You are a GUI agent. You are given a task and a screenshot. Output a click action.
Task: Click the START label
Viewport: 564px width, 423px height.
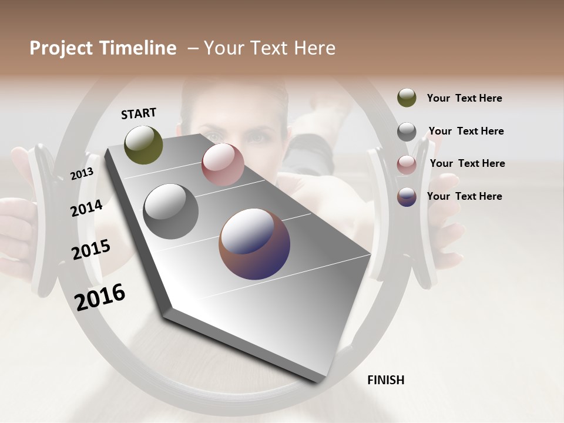(139, 113)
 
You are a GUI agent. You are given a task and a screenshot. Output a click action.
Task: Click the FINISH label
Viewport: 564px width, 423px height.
(385, 380)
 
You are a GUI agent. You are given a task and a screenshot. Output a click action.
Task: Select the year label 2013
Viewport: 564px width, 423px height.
(82, 174)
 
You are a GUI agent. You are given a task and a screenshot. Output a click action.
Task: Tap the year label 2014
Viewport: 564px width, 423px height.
(86, 208)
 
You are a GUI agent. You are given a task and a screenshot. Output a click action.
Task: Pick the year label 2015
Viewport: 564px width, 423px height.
(91, 250)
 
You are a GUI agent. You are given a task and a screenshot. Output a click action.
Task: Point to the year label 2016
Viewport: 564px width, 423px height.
(100, 297)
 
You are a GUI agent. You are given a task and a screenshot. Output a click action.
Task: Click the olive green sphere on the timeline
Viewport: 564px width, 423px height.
(143, 145)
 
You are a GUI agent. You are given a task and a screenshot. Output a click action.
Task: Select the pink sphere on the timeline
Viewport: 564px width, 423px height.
(223, 164)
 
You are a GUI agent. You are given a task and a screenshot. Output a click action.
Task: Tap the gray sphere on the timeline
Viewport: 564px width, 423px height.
(171, 211)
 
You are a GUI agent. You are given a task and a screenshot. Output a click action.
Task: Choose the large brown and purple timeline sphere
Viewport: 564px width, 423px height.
(254, 244)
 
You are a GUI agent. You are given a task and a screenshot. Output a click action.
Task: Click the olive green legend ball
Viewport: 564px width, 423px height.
(407, 98)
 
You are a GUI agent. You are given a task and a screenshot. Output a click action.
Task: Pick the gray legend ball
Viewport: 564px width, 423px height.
(407, 132)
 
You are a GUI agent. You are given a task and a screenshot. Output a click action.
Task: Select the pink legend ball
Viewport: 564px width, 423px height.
(407, 164)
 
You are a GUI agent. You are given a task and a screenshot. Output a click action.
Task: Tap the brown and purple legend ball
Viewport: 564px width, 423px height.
(407, 197)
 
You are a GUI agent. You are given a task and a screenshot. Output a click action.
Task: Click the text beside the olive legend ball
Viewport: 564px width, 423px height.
(464, 98)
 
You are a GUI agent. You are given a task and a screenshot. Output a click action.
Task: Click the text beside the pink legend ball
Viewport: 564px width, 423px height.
(467, 163)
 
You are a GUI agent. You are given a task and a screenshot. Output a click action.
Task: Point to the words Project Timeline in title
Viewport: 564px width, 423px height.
(103, 48)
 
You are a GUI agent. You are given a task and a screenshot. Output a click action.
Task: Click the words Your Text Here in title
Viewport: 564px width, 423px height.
(269, 48)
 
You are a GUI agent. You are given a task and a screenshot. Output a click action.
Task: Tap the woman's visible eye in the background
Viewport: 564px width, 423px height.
(257, 138)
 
